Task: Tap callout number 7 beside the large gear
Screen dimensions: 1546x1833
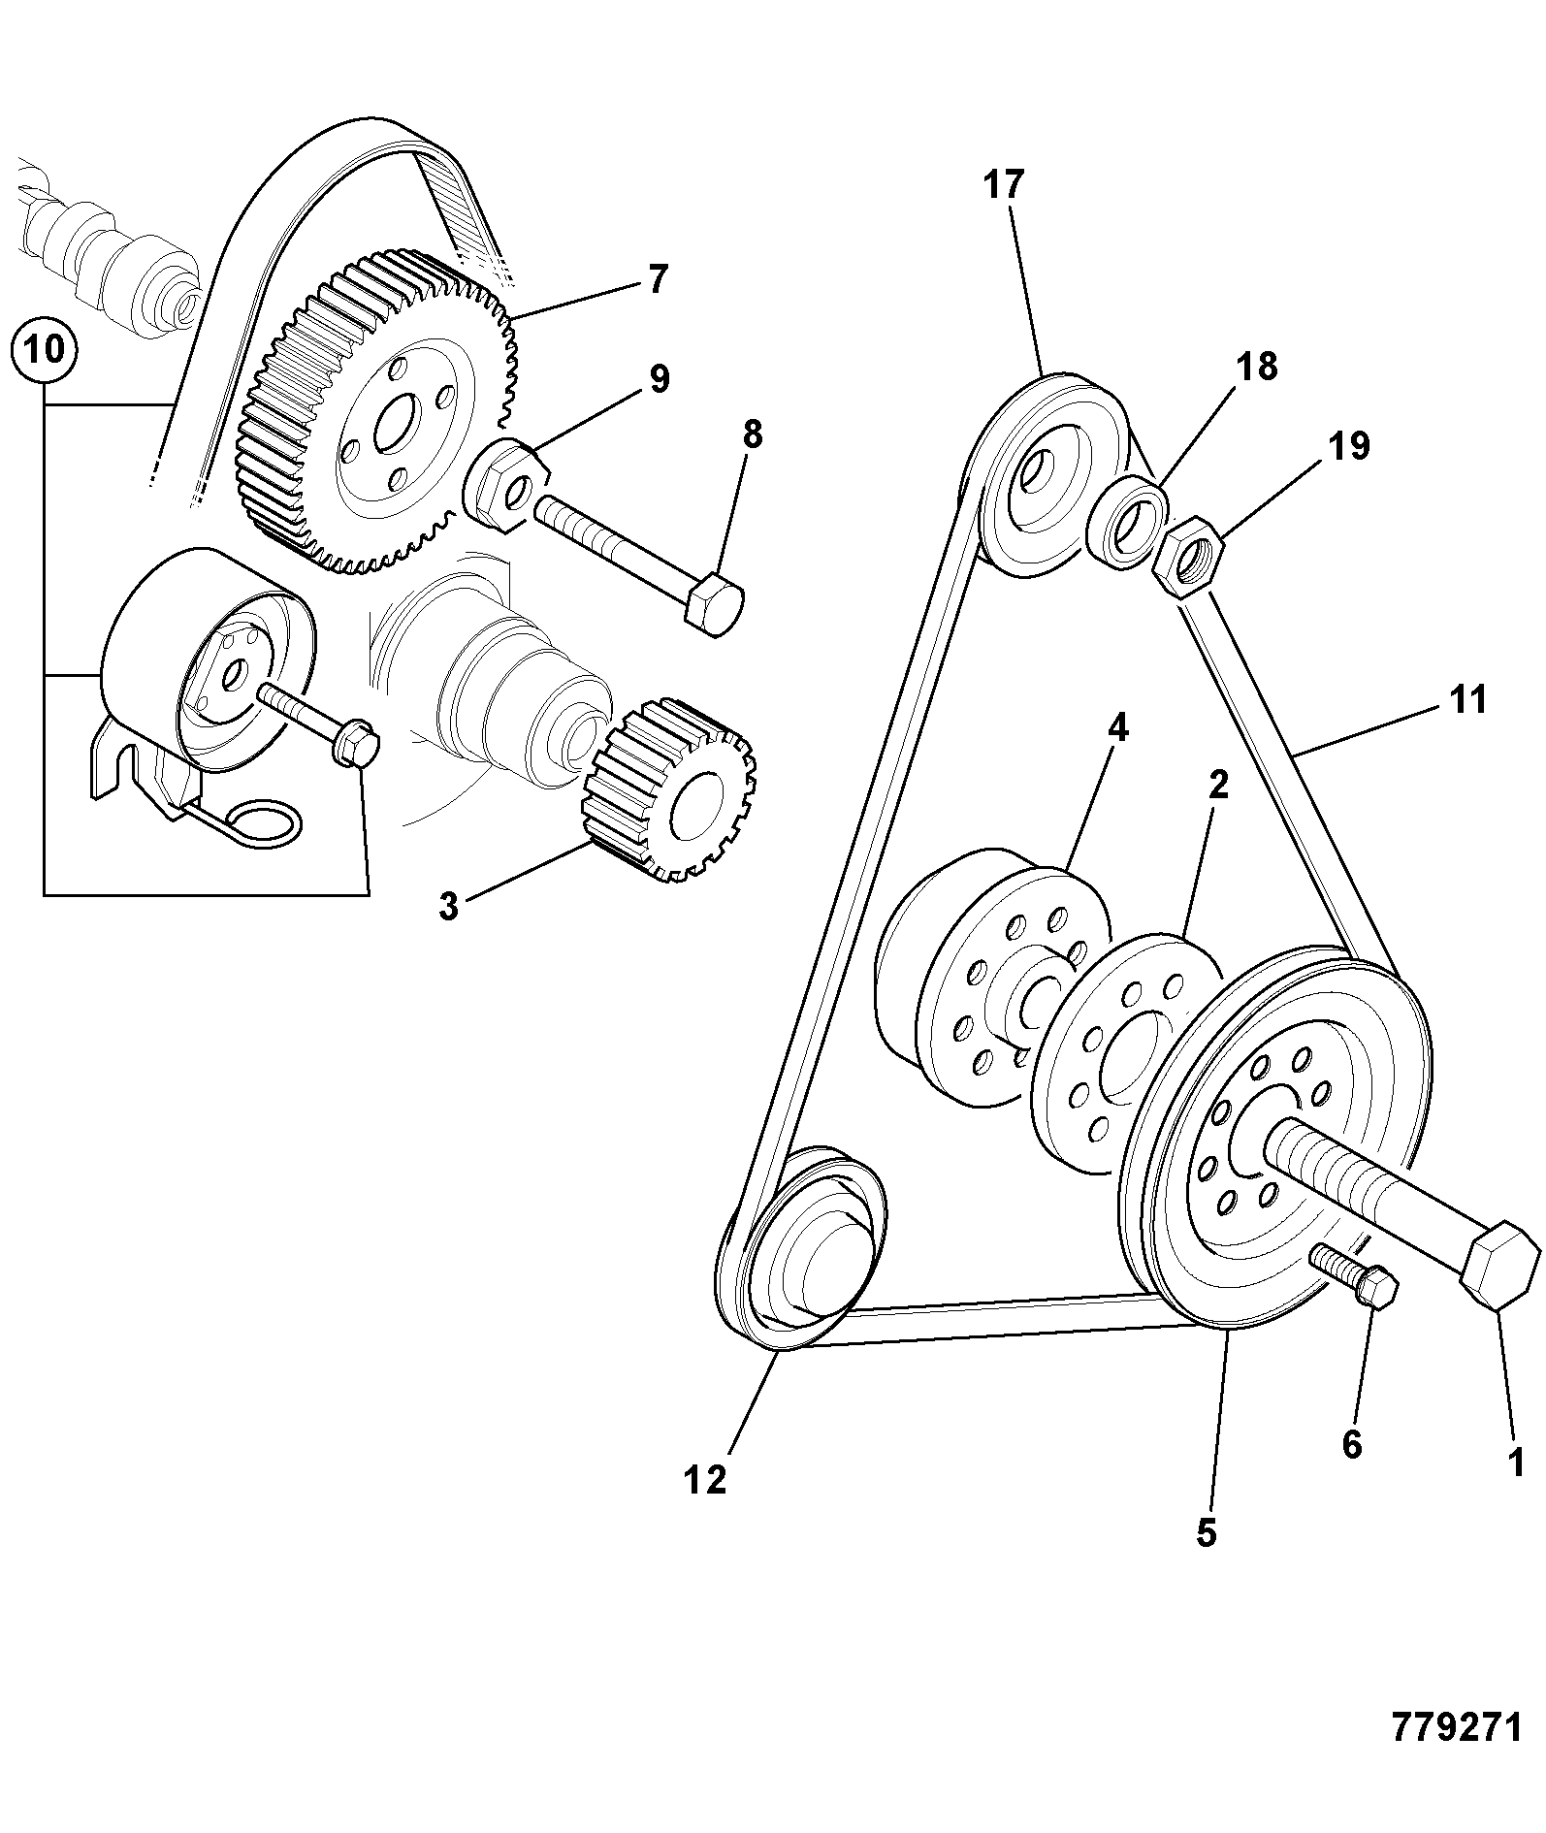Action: [658, 279]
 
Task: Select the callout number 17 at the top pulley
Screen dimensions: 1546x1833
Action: [1004, 183]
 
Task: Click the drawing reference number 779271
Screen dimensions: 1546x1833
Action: [1458, 1727]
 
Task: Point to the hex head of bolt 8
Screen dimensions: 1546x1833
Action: [714, 603]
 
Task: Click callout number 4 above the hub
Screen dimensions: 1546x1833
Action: [1117, 727]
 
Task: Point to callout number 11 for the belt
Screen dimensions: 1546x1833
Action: [1466, 698]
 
